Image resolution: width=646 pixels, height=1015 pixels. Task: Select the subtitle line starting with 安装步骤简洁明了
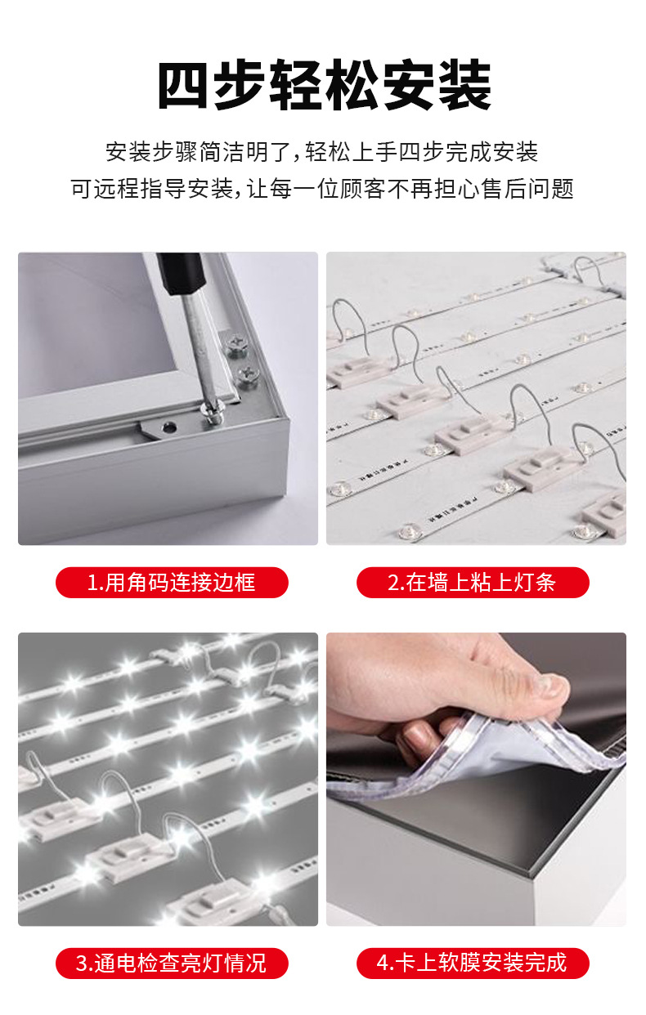tap(322, 151)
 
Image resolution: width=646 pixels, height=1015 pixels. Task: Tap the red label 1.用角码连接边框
tap(172, 583)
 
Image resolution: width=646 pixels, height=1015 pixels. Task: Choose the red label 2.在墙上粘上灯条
tap(473, 583)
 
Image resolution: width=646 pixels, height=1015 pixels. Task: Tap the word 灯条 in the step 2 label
tap(536, 583)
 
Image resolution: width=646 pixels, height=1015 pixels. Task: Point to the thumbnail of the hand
tap(546, 685)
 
